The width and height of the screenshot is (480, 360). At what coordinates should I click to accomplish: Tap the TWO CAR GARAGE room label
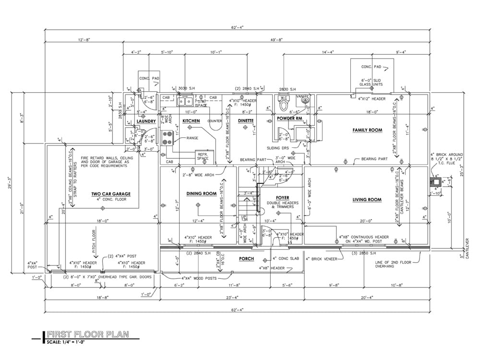(x=111, y=194)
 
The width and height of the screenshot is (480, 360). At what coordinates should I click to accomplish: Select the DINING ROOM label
(x=201, y=193)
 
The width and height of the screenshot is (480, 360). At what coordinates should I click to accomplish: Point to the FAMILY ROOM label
(x=367, y=130)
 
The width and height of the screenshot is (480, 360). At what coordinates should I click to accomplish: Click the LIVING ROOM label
(x=367, y=200)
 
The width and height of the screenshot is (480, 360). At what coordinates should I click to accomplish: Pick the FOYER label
(x=283, y=197)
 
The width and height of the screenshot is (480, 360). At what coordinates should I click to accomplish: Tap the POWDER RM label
(x=289, y=118)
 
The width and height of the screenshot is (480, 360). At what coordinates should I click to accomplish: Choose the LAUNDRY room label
(x=146, y=121)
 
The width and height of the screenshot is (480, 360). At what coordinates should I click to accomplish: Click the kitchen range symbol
(x=168, y=138)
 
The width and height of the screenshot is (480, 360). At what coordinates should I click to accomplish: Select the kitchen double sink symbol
(x=184, y=101)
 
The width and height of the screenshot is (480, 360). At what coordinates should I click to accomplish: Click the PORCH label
(x=246, y=259)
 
